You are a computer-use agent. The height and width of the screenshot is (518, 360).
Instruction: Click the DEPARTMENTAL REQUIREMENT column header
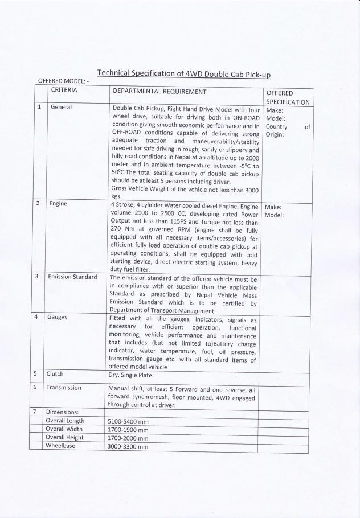coord(159,91)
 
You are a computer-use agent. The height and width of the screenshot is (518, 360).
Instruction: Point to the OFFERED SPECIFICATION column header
coord(287,97)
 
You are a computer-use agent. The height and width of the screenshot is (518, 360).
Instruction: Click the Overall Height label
coord(65,438)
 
